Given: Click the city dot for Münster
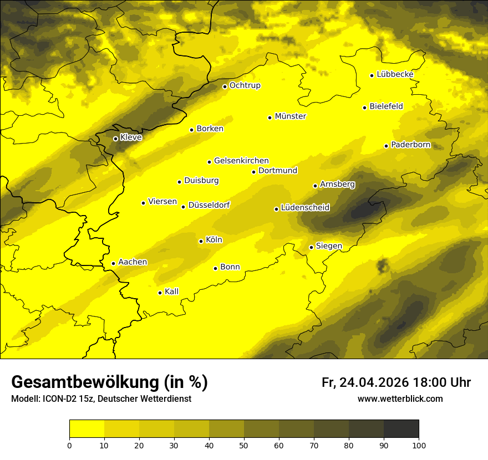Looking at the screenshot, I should [270, 117].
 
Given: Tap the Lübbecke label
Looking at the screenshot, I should [395, 74].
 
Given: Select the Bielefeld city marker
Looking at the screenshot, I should [365, 108].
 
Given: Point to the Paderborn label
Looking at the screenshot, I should [410, 145].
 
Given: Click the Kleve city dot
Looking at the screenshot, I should [115, 139].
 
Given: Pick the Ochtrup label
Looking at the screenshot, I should [245, 85].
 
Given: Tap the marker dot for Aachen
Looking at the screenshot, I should [113, 263].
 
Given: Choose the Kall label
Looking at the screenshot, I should [171, 292].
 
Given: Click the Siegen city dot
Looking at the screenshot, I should [312, 247].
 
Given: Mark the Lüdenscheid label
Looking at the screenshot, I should [305, 208].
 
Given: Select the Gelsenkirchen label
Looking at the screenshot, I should [241, 161].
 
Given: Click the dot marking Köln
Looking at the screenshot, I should [201, 241].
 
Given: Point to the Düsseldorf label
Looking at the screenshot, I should [209, 205].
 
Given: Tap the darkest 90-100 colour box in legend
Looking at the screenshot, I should [401, 429].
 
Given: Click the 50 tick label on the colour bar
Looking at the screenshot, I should [244, 445].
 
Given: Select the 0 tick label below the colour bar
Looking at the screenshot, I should [69, 445].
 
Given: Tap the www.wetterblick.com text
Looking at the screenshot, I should [400, 398].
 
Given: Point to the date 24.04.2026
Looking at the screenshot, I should [374, 382].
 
